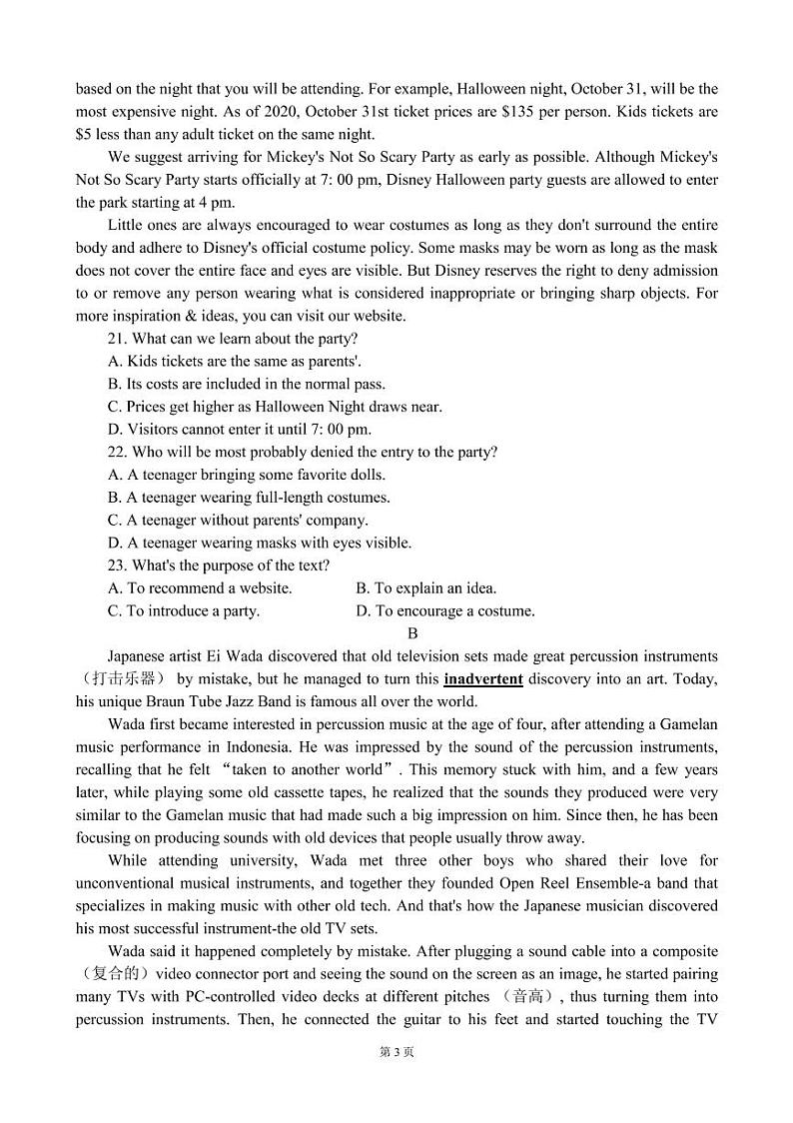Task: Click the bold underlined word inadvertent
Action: tap(483, 679)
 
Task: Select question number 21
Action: tap(117, 339)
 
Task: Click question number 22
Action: tap(117, 452)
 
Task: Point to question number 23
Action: tap(117, 565)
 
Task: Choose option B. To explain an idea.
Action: tap(425, 588)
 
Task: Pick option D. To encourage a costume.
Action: tap(444, 610)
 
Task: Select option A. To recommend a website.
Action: tap(200, 588)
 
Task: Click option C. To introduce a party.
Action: tap(184, 610)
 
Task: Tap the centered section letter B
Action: tap(412, 633)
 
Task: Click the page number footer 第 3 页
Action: tap(396, 1051)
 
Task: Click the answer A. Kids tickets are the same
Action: tap(234, 362)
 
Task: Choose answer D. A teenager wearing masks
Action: tap(260, 543)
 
